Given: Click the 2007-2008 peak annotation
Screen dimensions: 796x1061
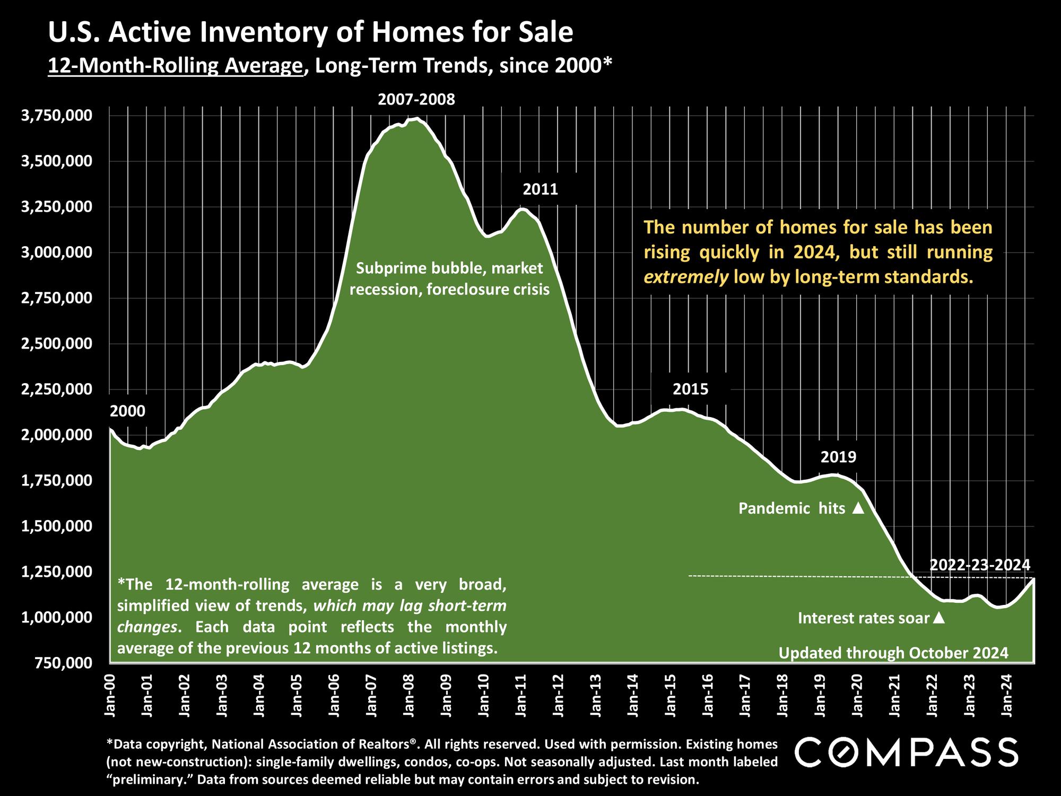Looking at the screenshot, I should tap(416, 100).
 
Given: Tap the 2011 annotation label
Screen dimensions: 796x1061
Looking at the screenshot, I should tap(540, 189).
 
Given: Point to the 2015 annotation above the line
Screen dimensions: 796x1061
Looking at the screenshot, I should tap(690, 390).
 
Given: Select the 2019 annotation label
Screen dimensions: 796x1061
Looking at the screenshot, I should tap(839, 457).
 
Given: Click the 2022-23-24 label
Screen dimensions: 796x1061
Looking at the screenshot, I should tap(980, 564).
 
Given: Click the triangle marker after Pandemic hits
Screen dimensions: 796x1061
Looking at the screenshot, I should tap(858, 508).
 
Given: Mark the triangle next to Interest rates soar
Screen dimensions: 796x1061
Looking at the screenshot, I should tap(938, 618).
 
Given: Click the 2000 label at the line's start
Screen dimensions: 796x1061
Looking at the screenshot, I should tap(127, 411).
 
